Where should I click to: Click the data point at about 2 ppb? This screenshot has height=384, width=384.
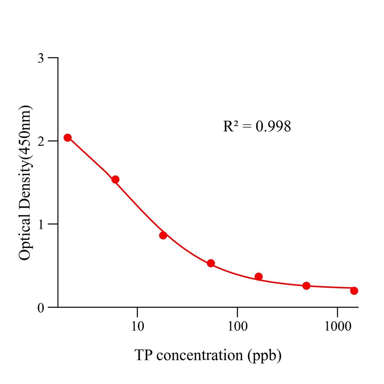[x=67, y=138]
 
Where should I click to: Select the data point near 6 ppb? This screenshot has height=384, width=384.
[x=115, y=180]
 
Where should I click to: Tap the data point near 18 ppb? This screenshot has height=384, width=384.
[x=163, y=235]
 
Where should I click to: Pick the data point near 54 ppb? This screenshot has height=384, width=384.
[x=211, y=263]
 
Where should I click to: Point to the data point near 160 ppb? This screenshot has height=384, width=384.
[x=258, y=277]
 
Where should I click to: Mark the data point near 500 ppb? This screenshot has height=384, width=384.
[x=306, y=286]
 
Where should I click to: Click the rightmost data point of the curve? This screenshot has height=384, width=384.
[x=354, y=291]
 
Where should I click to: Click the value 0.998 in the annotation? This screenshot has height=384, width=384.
[x=273, y=127]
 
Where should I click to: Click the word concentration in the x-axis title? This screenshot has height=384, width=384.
[x=199, y=355]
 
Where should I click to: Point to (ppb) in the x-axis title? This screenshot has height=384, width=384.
[x=264, y=355]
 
